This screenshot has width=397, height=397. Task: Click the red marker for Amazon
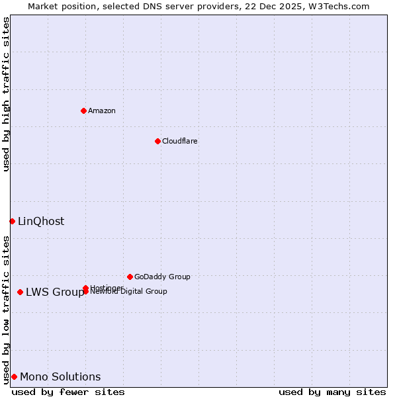coord(83,110)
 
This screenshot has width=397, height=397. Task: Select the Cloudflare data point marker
coord(157,141)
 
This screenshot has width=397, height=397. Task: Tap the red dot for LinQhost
coord(12,221)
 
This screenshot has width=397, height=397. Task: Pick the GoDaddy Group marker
coord(130,277)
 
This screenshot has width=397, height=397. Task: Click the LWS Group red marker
coord(21,292)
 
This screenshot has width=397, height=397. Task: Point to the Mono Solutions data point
coord(14,376)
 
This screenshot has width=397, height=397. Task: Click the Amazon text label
coord(102,110)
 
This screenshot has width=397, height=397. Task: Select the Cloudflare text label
coord(180,141)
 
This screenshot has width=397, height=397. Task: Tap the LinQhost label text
coord(41,222)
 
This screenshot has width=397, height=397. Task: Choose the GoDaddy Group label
coord(162,277)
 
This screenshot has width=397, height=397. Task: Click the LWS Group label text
coord(55,292)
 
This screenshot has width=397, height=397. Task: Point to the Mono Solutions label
coord(60,377)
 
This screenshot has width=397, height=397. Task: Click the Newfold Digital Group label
coord(130,291)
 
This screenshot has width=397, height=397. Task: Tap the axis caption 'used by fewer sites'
coord(68,392)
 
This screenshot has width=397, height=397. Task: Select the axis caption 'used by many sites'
coord(332,392)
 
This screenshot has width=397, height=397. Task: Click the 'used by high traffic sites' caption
coord(6,94)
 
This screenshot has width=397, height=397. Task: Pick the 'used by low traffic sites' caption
coord(6,310)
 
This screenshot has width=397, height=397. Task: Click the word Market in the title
coord(43,6)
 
